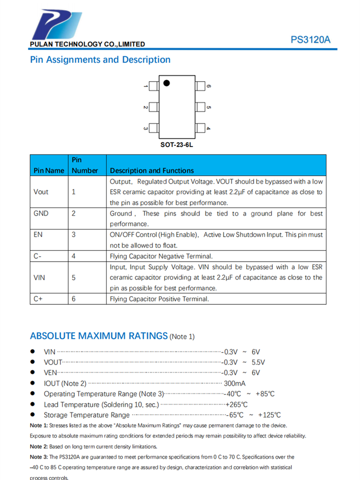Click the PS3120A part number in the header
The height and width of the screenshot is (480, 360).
310,40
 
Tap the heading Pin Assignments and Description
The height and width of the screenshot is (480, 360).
100,60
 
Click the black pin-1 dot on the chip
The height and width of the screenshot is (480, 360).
167,83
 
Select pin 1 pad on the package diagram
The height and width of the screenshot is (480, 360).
154,86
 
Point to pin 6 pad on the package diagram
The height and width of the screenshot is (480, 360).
200,86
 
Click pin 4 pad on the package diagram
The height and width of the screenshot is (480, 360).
200,128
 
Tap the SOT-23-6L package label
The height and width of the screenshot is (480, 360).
176,144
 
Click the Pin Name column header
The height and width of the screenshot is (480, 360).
48,170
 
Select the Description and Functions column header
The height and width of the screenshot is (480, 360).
152,170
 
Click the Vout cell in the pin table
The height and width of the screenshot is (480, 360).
41,192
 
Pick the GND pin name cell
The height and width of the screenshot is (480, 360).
41,214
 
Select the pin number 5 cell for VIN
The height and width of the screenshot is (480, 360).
73,277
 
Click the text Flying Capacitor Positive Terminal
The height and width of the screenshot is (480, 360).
159,299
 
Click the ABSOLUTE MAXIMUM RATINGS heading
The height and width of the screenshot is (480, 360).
99,336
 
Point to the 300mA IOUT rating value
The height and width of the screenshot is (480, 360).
235,383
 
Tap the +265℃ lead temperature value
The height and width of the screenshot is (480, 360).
237,405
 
